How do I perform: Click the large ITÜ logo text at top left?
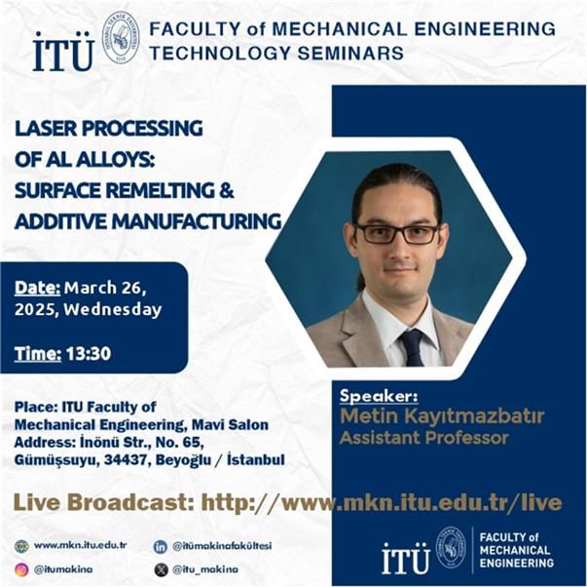click(63, 52)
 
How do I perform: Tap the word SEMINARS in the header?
click(350, 53)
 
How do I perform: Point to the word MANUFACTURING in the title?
click(197, 221)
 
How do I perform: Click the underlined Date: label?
click(37, 288)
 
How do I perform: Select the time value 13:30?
click(89, 354)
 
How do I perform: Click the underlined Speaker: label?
click(379, 397)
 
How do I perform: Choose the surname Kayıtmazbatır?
click(473, 416)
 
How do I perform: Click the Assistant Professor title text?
click(423, 438)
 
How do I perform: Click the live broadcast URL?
click(382, 503)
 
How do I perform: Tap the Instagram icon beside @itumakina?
click(21, 569)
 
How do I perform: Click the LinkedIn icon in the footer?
click(161, 546)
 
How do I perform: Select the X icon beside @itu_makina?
click(161, 569)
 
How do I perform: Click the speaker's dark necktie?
click(412, 348)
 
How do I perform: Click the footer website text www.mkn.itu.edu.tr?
click(80, 545)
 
